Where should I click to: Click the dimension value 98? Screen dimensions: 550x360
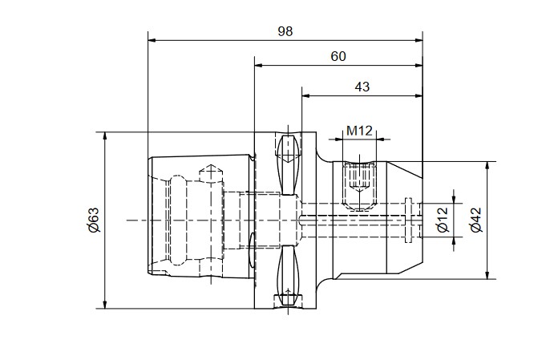pyautogui.click(x=285, y=31)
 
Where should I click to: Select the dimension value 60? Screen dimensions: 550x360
pyautogui.click(x=338, y=56)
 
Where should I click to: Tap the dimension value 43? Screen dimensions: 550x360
pyautogui.click(x=362, y=87)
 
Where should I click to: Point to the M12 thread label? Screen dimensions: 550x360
pyautogui.click(x=359, y=131)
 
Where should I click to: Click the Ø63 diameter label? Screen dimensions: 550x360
pyautogui.click(x=94, y=220)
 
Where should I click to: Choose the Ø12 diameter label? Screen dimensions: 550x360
pyautogui.click(x=443, y=220)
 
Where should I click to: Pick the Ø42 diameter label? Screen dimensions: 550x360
pyautogui.click(x=476, y=220)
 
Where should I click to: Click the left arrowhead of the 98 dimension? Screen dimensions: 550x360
pyautogui.click(x=152, y=40)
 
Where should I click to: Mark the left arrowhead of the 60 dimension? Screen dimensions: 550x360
pyautogui.click(x=258, y=65)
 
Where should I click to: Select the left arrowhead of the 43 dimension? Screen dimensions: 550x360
pyautogui.click(x=306, y=95)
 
